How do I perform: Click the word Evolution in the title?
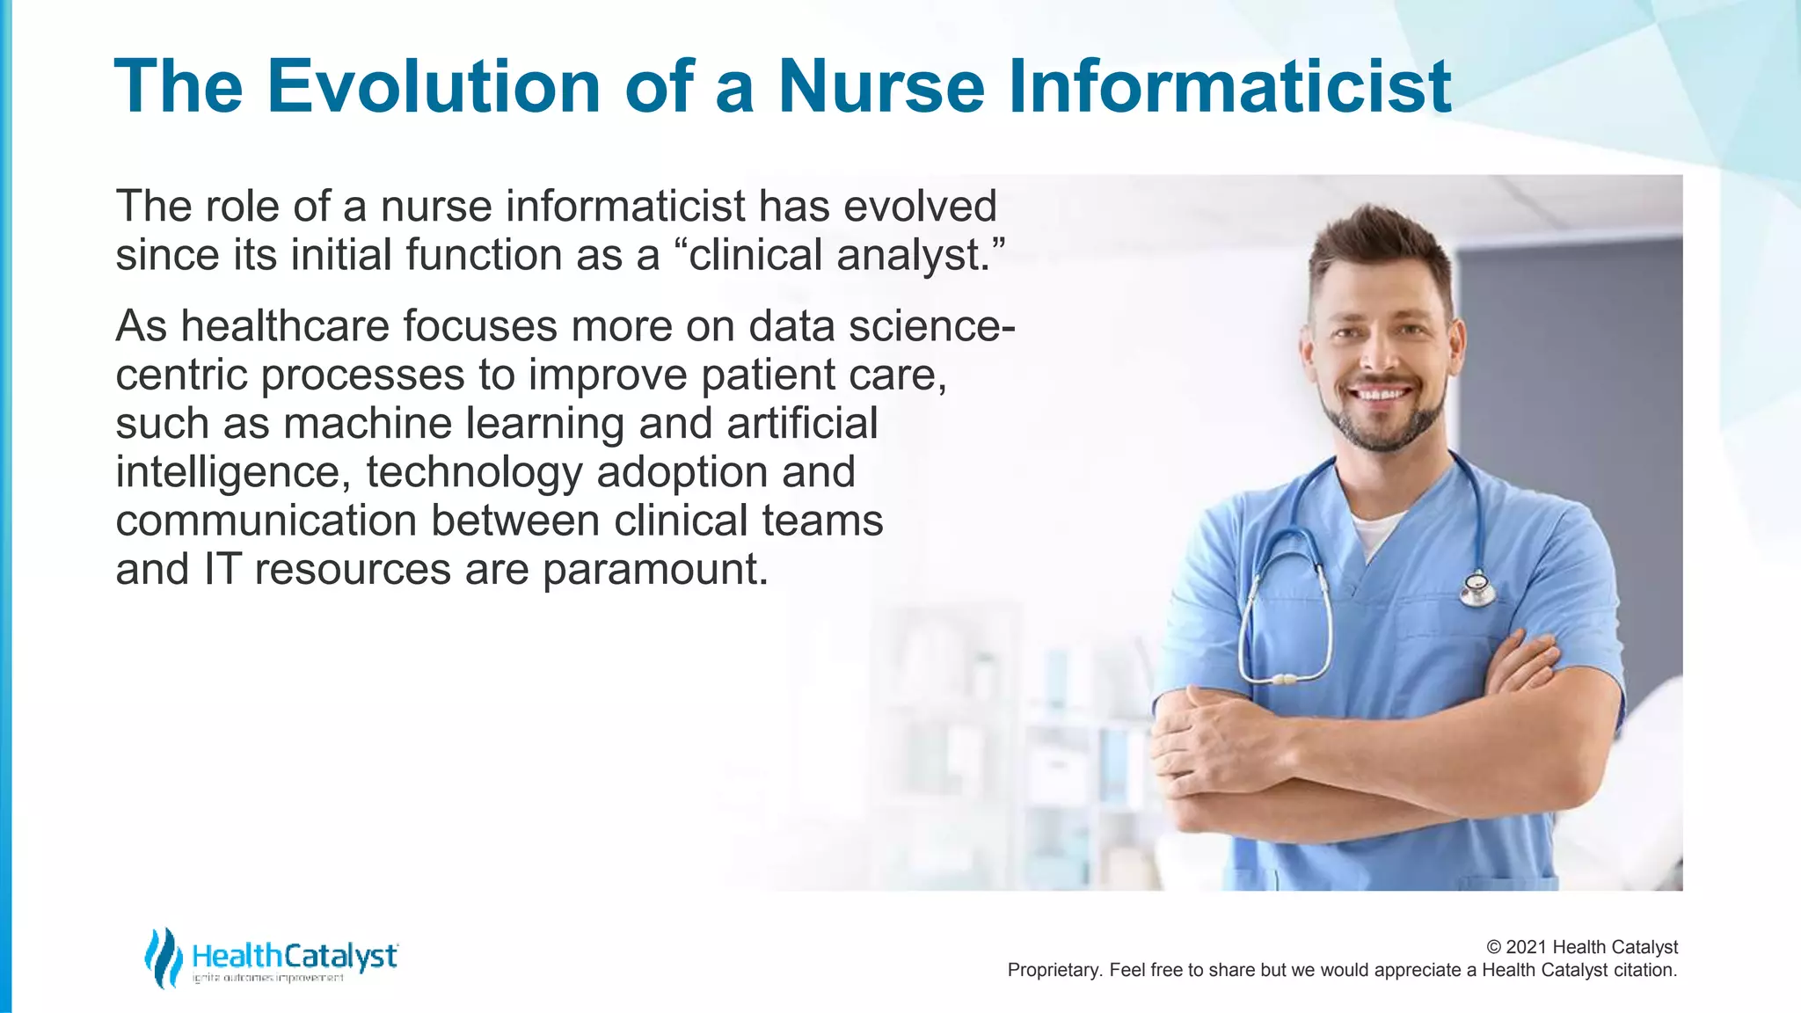point(434,86)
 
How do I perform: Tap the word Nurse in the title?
point(881,86)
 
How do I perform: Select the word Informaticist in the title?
point(1229,86)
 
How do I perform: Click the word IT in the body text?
point(222,570)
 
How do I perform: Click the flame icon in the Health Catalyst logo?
point(163,958)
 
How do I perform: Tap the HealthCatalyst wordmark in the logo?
point(295,956)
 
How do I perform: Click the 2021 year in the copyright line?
point(1527,947)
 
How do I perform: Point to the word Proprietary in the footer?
point(1054,970)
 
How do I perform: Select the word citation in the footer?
point(1644,970)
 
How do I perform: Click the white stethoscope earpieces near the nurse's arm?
point(1285,680)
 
